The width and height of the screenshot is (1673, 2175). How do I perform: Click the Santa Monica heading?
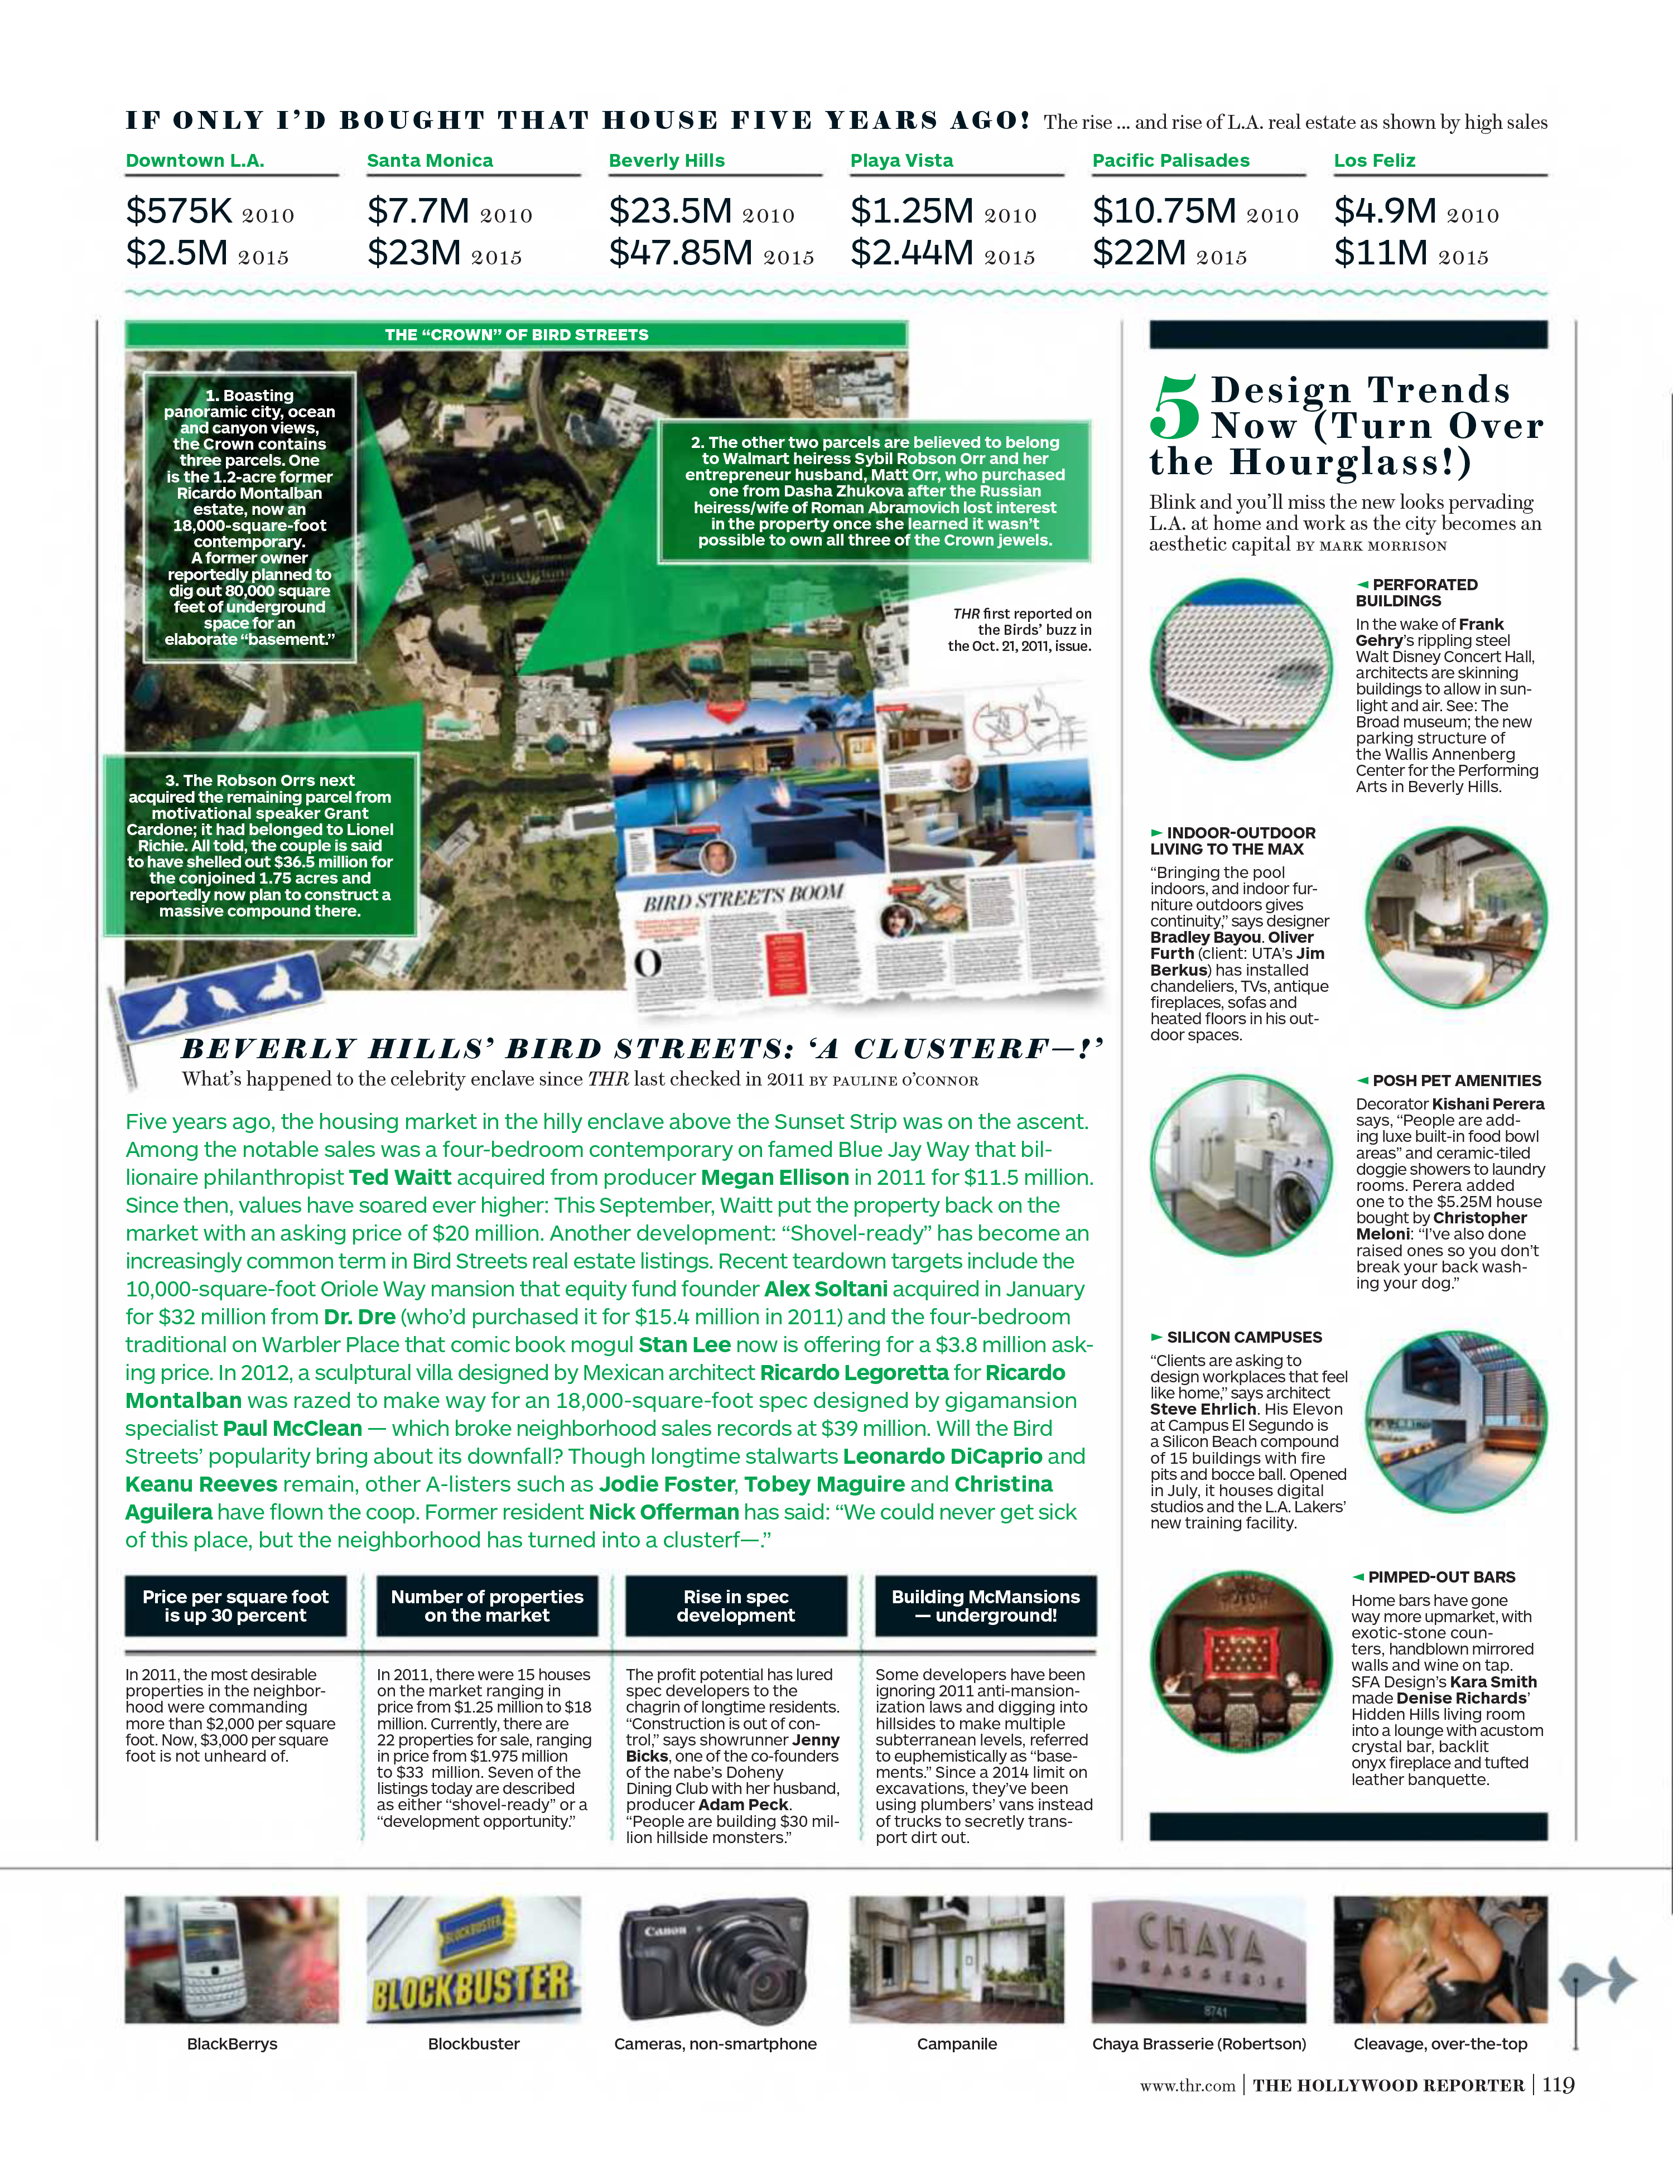point(429,160)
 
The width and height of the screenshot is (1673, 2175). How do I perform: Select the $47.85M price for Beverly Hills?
point(681,253)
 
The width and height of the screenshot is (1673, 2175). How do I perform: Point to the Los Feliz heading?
point(1374,160)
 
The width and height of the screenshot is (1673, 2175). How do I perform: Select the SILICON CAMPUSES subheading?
point(1244,1338)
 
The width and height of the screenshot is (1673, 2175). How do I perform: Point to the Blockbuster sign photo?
point(474,1960)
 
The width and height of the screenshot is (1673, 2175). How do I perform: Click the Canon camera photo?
point(715,1960)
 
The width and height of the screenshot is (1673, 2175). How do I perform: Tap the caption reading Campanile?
point(957,2043)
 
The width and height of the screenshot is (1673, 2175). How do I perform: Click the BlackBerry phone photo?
point(232,1960)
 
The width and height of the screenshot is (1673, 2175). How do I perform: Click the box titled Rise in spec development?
point(736,1605)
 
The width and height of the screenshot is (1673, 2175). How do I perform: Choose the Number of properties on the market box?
point(487,1605)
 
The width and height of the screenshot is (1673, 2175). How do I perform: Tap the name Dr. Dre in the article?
point(359,1316)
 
